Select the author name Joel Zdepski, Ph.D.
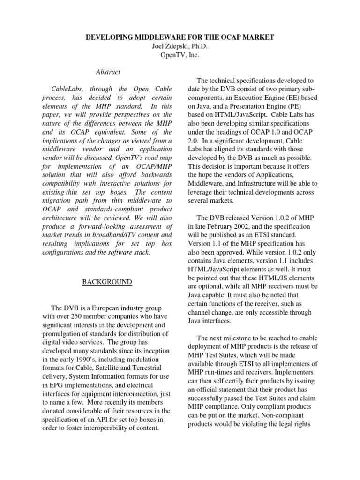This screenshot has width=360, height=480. click(180, 46)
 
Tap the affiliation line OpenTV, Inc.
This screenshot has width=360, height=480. click(180, 55)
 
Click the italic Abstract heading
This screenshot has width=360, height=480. click(108, 72)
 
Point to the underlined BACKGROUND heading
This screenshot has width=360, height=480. click(107, 282)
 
